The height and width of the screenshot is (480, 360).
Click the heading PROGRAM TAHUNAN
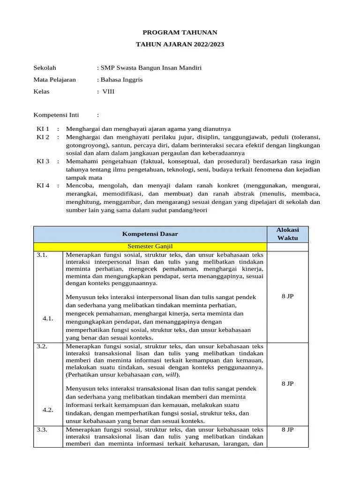click(180, 32)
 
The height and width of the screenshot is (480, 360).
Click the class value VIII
click(108, 91)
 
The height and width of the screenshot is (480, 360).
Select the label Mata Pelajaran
click(54, 80)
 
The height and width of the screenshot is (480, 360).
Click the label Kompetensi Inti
click(56, 115)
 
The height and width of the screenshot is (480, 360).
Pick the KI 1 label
click(43, 128)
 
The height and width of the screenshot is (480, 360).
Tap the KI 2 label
click(43, 137)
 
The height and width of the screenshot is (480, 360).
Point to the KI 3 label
click(43, 161)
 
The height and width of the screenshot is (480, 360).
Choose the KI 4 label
click(43, 186)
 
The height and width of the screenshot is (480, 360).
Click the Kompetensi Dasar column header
click(150, 234)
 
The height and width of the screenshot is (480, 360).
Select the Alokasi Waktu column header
click(287, 234)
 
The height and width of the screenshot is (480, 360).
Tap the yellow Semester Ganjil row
click(150, 247)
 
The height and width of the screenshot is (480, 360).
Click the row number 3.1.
click(42, 255)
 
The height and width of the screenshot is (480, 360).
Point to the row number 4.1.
click(48, 318)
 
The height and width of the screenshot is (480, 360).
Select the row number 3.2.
click(42, 346)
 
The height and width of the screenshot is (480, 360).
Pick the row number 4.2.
click(48, 410)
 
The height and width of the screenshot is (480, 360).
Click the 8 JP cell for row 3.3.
click(287, 429)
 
